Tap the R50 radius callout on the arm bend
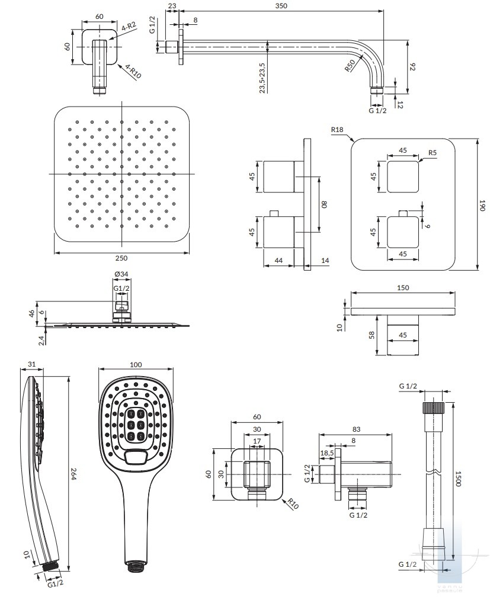[x=350, y=66]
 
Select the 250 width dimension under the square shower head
[x=121, y=258]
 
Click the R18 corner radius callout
[x=338, y=129]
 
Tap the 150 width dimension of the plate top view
[x=403, y=287]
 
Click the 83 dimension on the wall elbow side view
[x=356, y=429]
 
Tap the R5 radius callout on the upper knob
[x=433, y=152]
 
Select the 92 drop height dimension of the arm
[x=414, y=66]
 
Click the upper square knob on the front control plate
[x=403, y=176]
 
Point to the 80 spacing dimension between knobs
[x=324, y=204]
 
